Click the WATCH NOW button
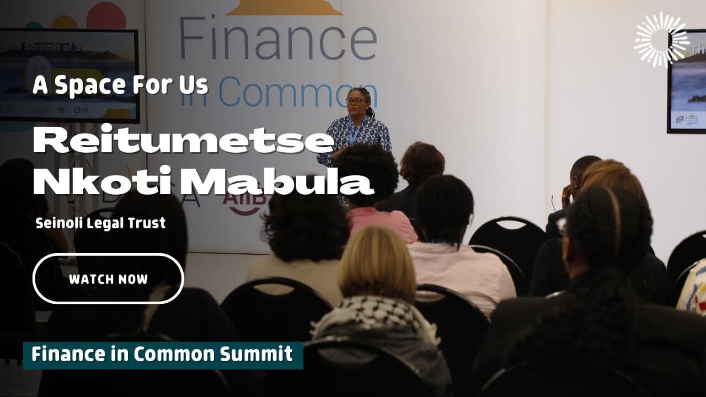[108, 278]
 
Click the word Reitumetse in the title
[183, 142]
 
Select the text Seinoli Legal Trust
[100, 223]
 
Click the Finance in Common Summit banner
[163, 355]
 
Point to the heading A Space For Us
[121, 85]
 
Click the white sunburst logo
[661, 40]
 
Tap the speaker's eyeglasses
[355, 100]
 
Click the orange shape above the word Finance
[285, 7]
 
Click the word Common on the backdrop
[298, 92]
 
